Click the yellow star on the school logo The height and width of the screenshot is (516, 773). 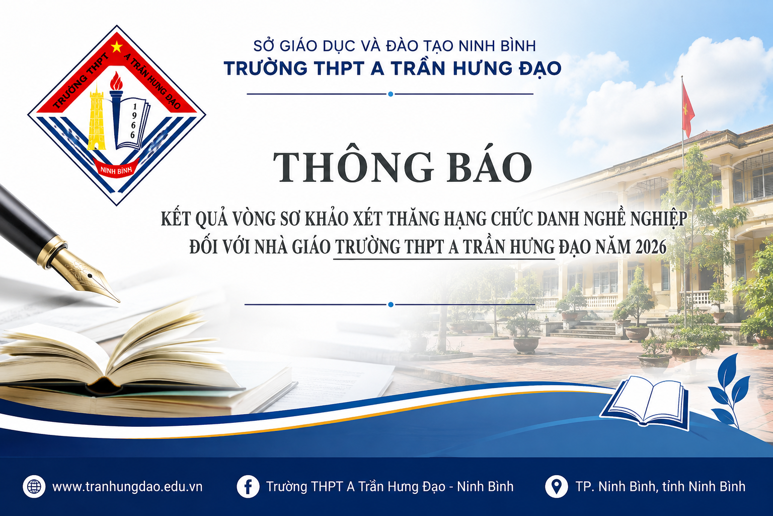point(117,47)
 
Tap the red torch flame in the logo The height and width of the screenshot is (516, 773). point(116,81)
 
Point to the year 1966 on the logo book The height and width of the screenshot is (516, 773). point(133,121)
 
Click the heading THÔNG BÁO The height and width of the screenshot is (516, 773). point(403,167)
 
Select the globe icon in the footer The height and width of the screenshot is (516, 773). point(34,487)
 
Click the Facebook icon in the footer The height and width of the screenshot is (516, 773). point(248,487)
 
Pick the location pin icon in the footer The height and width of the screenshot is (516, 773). point(556,487)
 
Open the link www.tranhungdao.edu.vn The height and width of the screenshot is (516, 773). point(127,487)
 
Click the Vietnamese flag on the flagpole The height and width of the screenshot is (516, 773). point(688,109)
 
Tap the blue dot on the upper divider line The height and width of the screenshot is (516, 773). point(391,94)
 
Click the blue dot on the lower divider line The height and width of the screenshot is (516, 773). point(391,304)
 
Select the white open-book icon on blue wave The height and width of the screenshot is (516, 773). point(645,403)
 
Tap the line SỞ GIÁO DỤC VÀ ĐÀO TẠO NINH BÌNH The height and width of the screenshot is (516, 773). point(395,46)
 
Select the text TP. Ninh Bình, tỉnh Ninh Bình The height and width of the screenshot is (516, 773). point(660,487)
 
